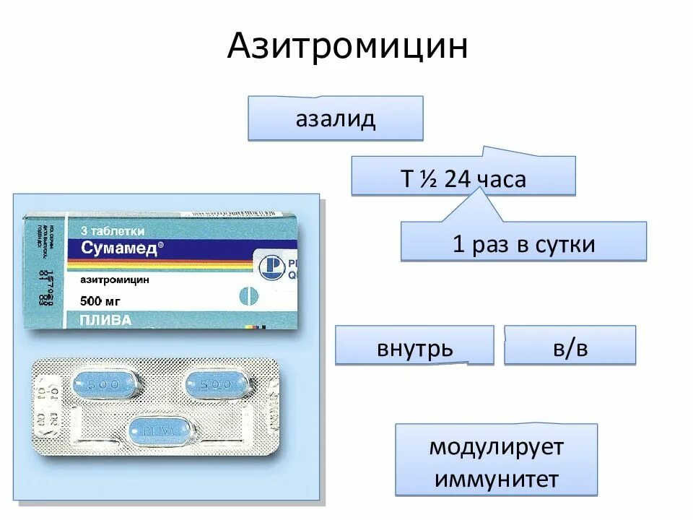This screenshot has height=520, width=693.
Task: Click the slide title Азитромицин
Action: point(347,47)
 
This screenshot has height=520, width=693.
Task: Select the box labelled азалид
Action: point(335,118)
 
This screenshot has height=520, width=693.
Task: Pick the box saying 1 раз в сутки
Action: point(523,243)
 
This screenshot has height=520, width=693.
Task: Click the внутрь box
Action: point(414,349)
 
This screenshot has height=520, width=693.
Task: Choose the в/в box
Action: point(570,347)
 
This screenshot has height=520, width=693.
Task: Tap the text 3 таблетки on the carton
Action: point(113,231)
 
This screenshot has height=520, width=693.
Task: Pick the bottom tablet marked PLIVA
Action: point(162,431)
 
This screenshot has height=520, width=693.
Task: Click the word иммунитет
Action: point(496,478)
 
